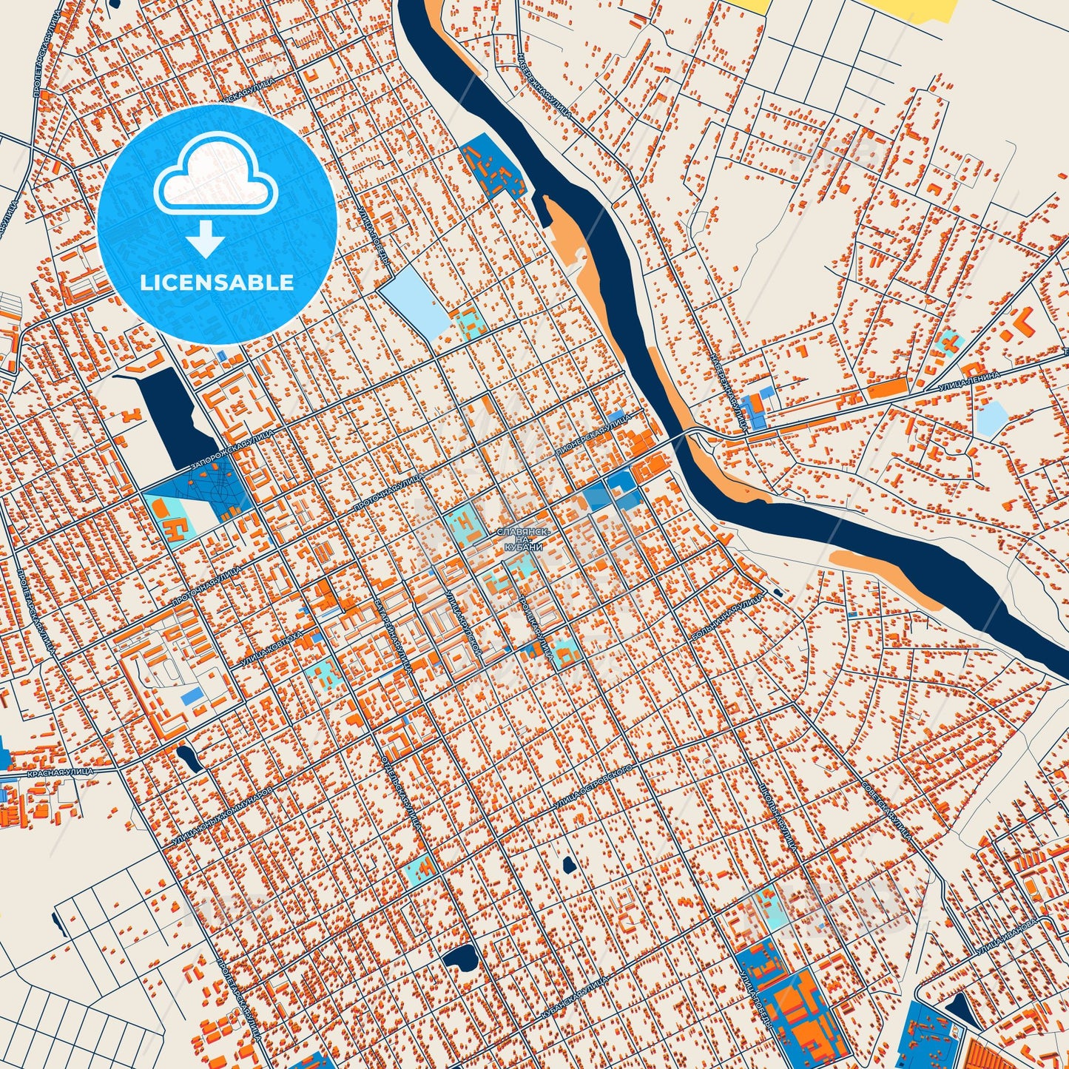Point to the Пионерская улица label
pyautogui.click(x=594, y=437)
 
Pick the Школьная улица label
pyautogui.click(x=776, y=814)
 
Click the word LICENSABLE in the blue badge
pyautogui.click(x=217, y=283)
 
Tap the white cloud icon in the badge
pyautogui.click(x=215, y=178)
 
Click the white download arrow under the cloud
pyautogui.click(x=206, y=239)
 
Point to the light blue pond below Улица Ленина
pyautogui.click(x=991, y=418)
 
